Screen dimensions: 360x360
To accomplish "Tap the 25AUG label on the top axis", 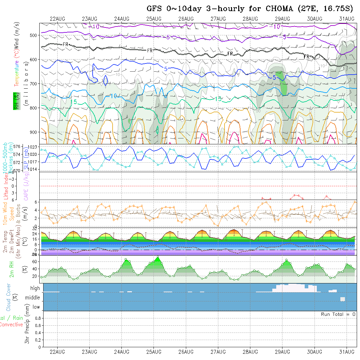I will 154,19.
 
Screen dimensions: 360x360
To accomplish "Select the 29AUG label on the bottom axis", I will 282,352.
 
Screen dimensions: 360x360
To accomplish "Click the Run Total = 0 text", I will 338,314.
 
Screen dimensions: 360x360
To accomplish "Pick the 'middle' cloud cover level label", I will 33,298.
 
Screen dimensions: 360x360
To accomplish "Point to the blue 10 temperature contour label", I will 114,96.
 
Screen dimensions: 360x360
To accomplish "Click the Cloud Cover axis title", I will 9,297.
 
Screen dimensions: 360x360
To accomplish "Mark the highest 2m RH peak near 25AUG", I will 158,257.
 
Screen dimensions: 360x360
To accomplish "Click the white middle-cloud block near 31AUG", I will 343,299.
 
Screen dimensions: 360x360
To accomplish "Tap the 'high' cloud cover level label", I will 35,288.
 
